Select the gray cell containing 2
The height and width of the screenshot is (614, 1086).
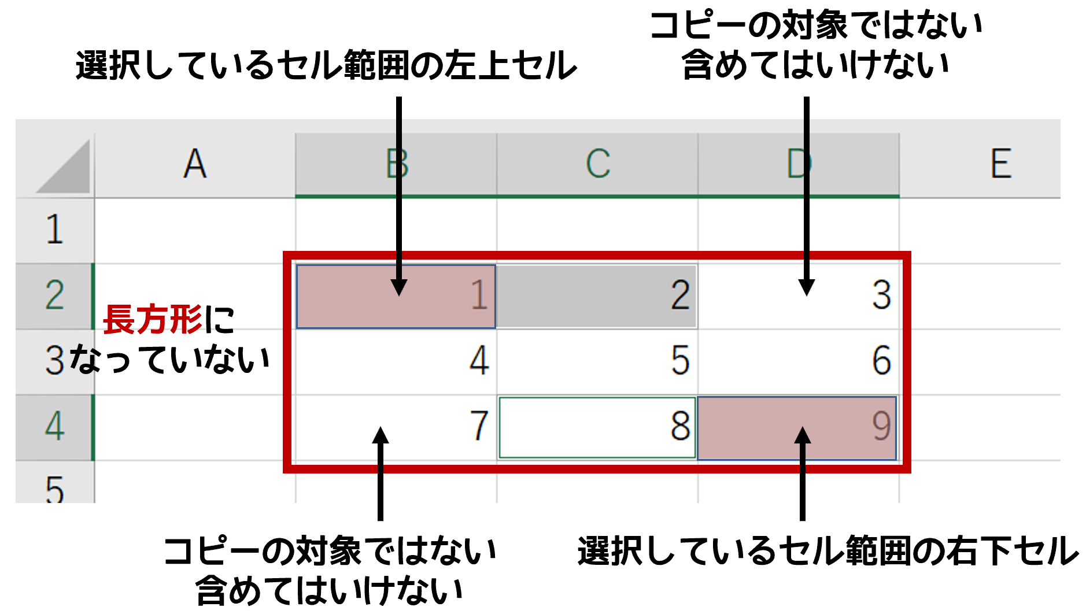(x=597, y=296)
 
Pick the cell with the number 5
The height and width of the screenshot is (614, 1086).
(x=597, y=361)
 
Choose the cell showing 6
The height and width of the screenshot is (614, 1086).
(x=798, y=361)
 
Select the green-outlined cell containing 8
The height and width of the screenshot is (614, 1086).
(x=597, y=427)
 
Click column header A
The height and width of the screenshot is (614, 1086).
(x=195, y=164)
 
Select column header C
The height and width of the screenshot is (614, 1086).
(x=597, y=164)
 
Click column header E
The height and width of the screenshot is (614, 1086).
(x=1000, y=164)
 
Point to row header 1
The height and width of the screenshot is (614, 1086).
(x=54, y=230)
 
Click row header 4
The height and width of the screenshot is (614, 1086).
(x=54, y=427)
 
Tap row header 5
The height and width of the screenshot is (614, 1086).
(x=54, y=489)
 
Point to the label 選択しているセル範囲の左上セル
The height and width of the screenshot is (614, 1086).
(x=326, y=65)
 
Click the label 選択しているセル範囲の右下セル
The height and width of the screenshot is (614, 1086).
(x=828, y=550)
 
